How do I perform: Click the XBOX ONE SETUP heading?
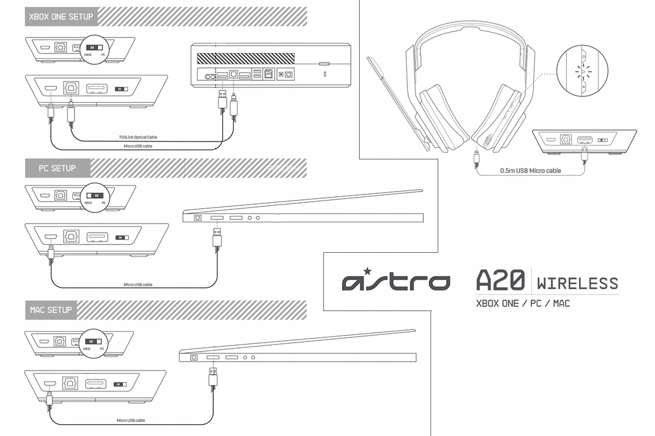pyautogui.click(x=61, y=17)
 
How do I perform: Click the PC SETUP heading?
pyautogui.click(x=57, y=168)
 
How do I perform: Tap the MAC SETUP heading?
pyautogui.click(x=51, y=310)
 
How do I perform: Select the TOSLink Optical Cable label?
pyautogui.click(x=138, y=137)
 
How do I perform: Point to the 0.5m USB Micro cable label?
pyautogui.click(x=531, y=171)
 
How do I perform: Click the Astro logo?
pyautogui.click(x=396, y=281)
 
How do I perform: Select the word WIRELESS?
pyautogui.click(x=577, y=283)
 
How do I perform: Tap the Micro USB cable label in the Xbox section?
pyautogui.click(x=138, y=145)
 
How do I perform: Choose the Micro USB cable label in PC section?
pyautogui.click(x=138, y=284)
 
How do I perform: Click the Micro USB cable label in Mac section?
pyautogui.click(x=131, y=420)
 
